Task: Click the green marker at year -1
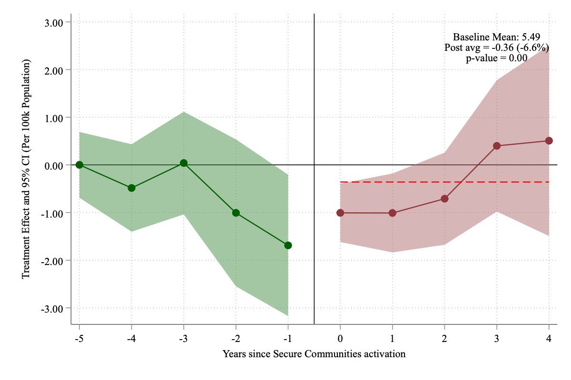point(288,245)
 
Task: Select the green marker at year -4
point(131,188)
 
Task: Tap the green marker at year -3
point(184,163)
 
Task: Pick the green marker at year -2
point(236,213)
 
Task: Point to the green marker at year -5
point(79,165)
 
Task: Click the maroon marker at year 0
point(340,213)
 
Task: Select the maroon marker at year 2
point(444,199)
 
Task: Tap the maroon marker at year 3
point(497,146)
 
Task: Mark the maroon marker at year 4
point(549,141)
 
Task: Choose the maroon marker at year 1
point(392,213)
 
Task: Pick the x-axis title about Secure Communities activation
point(314,354)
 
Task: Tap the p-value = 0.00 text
point(496,58)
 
